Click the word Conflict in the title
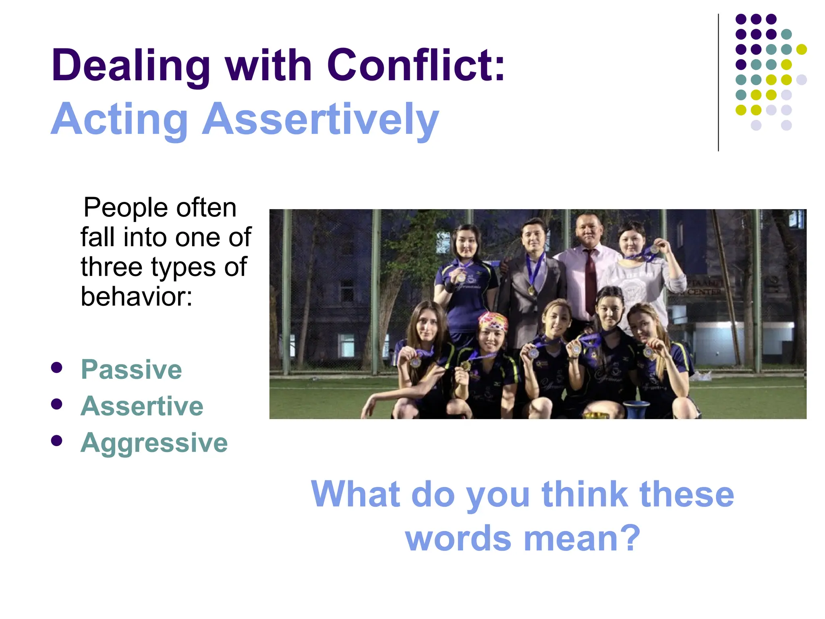415,65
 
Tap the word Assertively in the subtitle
320,120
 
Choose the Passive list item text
131,370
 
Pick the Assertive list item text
142,406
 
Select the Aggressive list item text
154,443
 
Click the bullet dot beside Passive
57,368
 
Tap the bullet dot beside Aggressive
57,440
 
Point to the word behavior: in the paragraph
137,297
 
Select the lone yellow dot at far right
801,50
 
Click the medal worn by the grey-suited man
531,289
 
